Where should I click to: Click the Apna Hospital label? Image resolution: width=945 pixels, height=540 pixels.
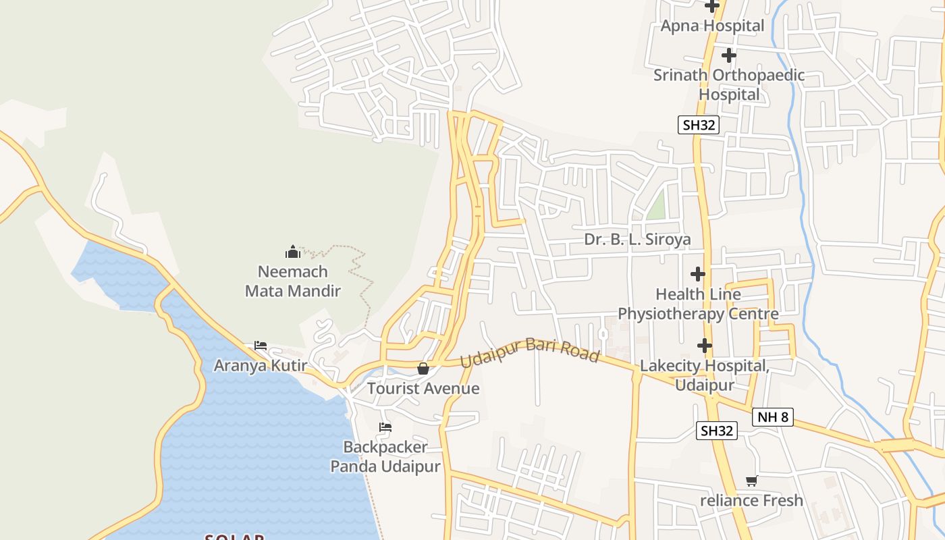point(712,26)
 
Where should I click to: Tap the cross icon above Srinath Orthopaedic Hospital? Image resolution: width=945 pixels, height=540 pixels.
point(728,55)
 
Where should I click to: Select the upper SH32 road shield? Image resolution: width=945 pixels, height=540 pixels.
point(699,125)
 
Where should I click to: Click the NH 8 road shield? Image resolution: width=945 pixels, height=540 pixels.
point(772,416)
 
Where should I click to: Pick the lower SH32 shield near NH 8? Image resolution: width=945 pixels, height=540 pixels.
point(717,431)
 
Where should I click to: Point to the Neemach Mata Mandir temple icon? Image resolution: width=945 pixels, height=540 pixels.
point(293,252)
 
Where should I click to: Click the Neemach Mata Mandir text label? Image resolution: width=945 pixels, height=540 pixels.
point(293,281)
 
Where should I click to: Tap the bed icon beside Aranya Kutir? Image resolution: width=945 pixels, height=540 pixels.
point(261,346)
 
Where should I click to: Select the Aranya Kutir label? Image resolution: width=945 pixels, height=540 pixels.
point(261,366)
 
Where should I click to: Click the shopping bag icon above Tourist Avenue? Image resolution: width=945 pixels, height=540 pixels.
point(423,369)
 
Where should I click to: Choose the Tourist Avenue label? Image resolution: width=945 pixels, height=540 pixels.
point(423,389)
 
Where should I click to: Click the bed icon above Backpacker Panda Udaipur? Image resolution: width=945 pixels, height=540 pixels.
point(385,427)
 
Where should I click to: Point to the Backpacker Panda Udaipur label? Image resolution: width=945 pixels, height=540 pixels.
point(385,457)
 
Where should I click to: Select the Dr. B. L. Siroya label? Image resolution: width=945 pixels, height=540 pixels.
point(637,240)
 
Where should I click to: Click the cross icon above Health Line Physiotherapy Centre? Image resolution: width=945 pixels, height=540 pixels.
point(698,274)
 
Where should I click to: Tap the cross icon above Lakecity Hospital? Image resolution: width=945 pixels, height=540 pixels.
point(704,346)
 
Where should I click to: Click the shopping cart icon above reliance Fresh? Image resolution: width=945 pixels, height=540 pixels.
point(751,481)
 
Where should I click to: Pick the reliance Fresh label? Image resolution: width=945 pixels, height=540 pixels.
point(751,501)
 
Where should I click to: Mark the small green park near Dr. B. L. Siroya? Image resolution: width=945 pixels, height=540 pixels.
point(656,206)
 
